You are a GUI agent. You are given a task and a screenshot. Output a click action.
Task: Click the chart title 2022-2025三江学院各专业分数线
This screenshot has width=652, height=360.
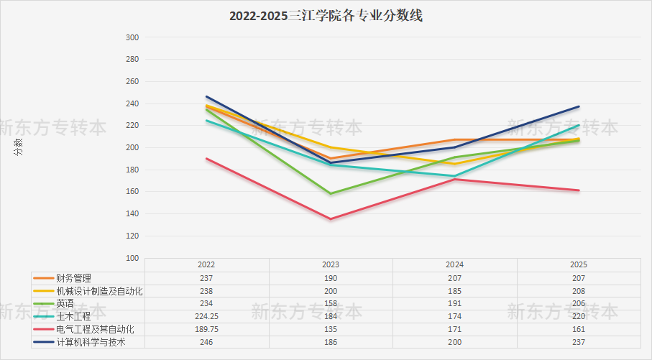click(326, 16)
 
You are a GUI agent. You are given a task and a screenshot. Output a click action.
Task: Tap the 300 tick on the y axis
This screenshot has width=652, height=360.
click(132, 37)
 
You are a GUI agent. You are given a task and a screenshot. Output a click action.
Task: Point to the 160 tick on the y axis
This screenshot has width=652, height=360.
click(132, 192)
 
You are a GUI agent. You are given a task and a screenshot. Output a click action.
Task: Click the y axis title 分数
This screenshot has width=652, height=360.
click(18, 147)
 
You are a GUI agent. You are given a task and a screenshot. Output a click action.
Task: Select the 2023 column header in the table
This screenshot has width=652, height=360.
click(331, 264)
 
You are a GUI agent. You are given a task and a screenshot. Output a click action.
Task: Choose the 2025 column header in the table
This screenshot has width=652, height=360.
click(579, 264)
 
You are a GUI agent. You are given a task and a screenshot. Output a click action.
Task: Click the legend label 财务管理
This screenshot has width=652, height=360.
click(74, 277)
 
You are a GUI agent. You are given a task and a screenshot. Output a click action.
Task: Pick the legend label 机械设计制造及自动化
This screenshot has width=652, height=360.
click(100, 290)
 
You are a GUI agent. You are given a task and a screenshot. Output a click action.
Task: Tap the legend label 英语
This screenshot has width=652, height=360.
click(65, 303)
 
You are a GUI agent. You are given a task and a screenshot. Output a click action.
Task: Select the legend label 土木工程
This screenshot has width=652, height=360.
click(74, 316)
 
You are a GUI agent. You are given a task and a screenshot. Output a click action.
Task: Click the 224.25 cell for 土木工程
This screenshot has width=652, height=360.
click(207, 316)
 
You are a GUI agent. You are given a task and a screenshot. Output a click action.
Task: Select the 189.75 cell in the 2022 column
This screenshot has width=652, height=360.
click(207, 329)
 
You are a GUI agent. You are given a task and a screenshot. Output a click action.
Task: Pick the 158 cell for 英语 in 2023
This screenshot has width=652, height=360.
click(331, 303)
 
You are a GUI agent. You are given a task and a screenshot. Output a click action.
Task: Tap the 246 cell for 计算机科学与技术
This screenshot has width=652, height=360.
click(207, 342)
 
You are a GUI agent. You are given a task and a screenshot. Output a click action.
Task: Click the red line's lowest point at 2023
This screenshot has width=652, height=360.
click(331, 219)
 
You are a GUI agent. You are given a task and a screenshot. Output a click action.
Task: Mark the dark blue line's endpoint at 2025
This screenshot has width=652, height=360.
click(579, 106)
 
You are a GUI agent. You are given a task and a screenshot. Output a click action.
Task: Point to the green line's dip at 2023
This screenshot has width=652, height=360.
click(331, 193)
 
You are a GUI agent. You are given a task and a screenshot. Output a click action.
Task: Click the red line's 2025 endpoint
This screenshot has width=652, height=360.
click(579, 190)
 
